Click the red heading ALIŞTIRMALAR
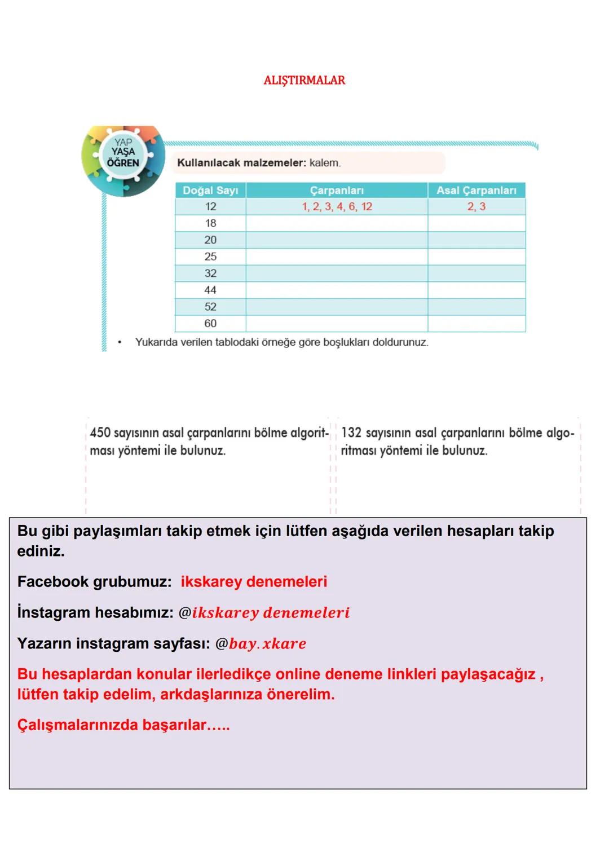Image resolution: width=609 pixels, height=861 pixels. pyautogui.click(x=304, y=81)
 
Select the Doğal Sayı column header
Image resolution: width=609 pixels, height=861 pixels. pyautogui.click(x=210, y=191)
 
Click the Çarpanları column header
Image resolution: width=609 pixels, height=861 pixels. pyautogui.click(x=337, y=191)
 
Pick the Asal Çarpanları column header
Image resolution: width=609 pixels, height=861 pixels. pyautogui.click(x=476, y=191)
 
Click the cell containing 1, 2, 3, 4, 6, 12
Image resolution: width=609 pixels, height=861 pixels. pyautogui.click(x=337, y=207)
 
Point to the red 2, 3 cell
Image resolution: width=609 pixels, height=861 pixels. pyautogui.click(x=476, y=207)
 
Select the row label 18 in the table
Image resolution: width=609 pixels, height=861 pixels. pyautogui.click(x=210, y=223)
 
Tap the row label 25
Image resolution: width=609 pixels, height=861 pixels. pyautogui.click(x=210, y=257)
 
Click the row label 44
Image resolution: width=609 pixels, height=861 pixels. pyautogui.click(x=210, y=290)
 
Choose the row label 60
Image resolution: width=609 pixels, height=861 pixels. pyautogui.click(x=210, y=324)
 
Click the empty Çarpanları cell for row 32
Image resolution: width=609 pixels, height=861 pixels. pyautogui.click(x=337, y=273)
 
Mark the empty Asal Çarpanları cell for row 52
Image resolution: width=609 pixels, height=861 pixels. pyautogui.click(x=476, y=307)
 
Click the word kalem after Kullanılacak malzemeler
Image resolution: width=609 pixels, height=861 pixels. pyautogui.click(x=325, y=163)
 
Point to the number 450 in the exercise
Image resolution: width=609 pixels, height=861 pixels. pyautogui.click(x=100, y=433)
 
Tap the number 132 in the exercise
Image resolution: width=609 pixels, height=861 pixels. pyautogui.click(x=351, y=433)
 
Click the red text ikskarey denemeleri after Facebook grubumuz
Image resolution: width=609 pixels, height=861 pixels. pyautogui.click(x=254, y=582)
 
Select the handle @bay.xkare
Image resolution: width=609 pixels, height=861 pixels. pyautogui.click(x=261, y=644)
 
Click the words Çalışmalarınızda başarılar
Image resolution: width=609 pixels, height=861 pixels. pyautogui.click(x=123, y=725)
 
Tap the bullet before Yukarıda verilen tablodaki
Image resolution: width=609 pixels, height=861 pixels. pyautogui.click(x=120, y=342)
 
